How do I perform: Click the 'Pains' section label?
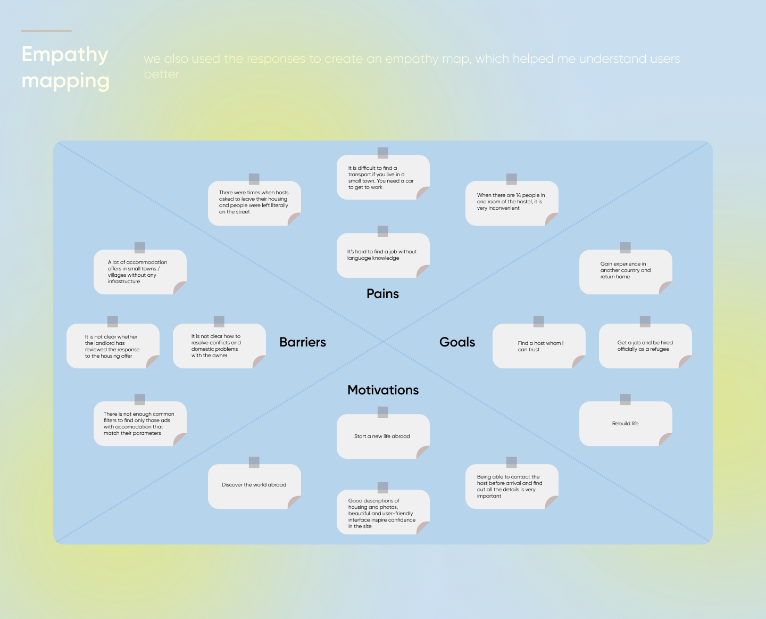(382, 294)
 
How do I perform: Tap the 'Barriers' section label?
(303, 342)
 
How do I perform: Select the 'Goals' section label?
(457, 342)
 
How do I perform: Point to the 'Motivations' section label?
(383, 390)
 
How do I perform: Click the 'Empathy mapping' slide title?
(65, 68)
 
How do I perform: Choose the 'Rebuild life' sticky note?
(626, 424)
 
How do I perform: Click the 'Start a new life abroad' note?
(383, 436)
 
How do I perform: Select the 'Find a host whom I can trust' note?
(539, 346)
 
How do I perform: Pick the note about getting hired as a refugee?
(645, 346)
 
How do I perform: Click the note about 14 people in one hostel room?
(512, 203)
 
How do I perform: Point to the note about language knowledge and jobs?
(383, 255)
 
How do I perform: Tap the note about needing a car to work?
(383, 178)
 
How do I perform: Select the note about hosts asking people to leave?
(254, 203)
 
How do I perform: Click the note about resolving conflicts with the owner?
(219, 346)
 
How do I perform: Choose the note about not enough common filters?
(140, 424)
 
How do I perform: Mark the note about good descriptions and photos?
(383, 513)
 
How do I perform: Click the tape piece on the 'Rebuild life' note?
(626, 399)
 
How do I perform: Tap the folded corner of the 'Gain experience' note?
(665, 287)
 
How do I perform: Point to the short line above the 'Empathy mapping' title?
(46, 31)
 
